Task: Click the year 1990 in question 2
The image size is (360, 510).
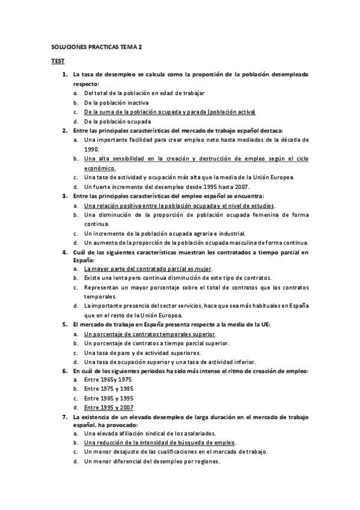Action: [91, 149]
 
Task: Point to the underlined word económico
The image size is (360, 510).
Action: [100, 168]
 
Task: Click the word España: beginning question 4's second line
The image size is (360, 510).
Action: [84, 261]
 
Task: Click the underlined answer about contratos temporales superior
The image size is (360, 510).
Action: [150, 334]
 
